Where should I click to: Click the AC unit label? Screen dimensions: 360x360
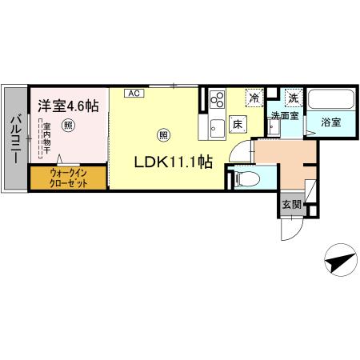pyautogui.click(x=134, y=94)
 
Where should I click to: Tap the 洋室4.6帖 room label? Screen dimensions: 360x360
pyautogui.click(x=66, y=105)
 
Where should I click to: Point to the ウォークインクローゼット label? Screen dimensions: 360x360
pyautogui.click(x=68, y=177)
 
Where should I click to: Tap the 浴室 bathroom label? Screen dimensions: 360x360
pyautogui.click(x=331, y=124)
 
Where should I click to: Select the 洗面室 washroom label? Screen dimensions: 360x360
pyautogui.click(x=284, y=116)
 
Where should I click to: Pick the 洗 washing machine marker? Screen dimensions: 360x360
pyautogui.click(x=293, y=98)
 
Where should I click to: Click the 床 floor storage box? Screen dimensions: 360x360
pyautogui.click(x=238, y=124)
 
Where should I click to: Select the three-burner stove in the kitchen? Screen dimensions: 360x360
pyautogui.click(x=216, y=100)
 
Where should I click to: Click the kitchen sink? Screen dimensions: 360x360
pyautogui.click(x=216, y=126)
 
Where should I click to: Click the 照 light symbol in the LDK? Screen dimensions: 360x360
pyautogui.click(x=164, y=134)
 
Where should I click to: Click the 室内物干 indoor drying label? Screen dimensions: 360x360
pyautogui.click(x=46, y=137)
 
